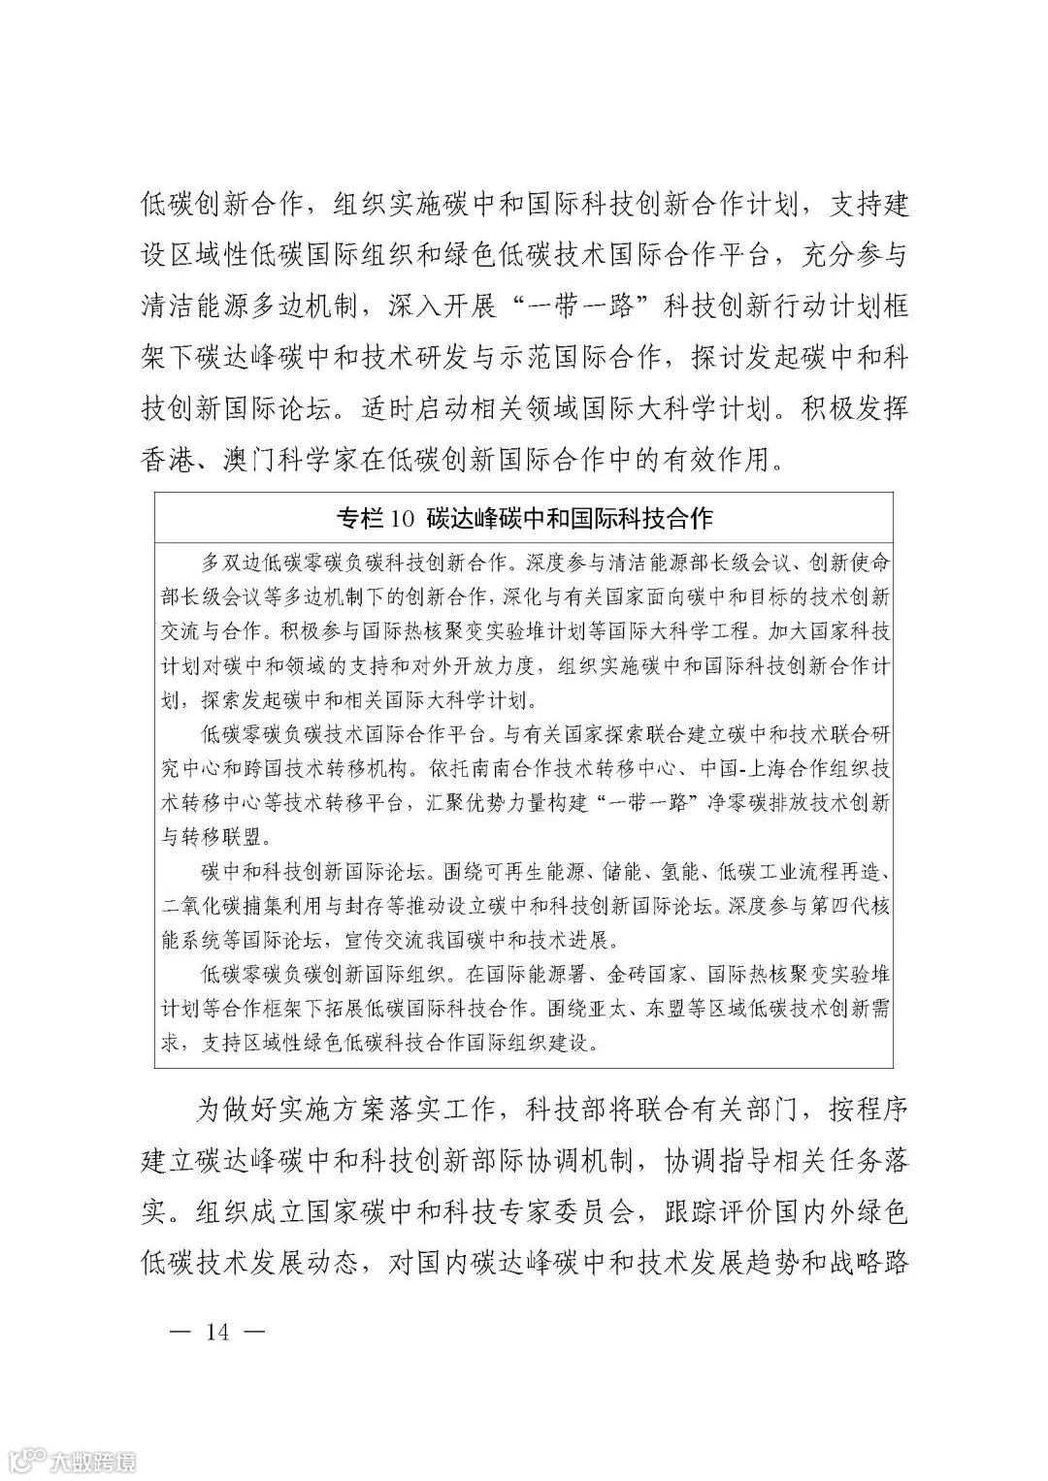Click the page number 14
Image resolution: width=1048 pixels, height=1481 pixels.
pos(215,1332)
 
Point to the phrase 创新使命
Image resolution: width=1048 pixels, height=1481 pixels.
pos(848,562)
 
